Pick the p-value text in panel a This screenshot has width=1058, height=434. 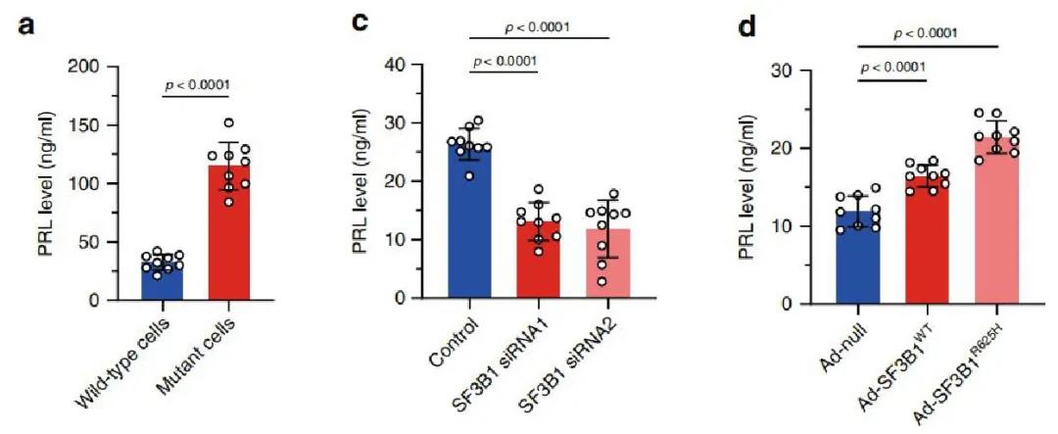(x=196, y=84)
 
